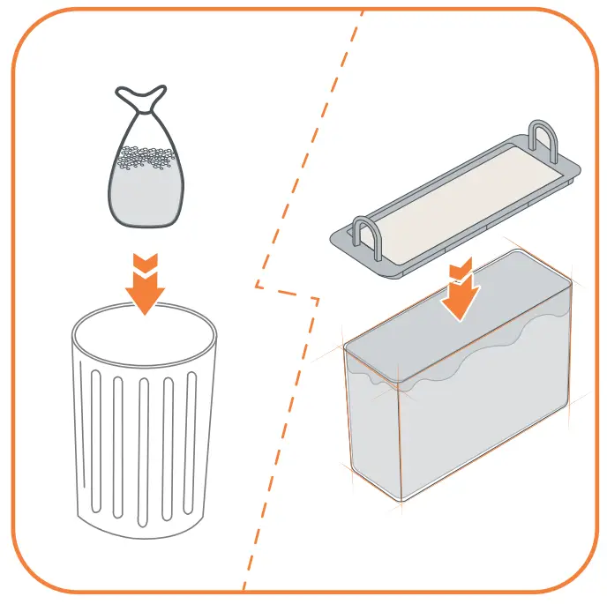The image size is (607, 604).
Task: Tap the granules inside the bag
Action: click(146, 158)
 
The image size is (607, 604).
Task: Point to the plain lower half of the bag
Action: click(146, 198)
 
